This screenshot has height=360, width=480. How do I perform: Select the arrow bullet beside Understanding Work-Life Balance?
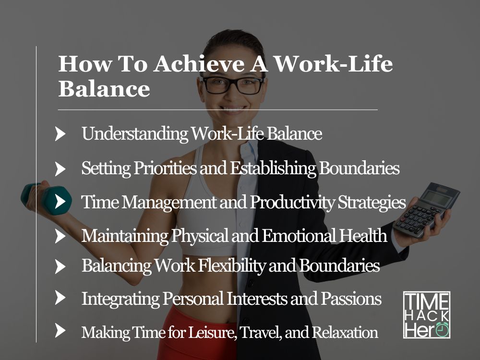point(60,134)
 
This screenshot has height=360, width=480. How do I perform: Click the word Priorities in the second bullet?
point(165,168)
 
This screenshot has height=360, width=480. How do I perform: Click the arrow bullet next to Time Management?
point(60,202)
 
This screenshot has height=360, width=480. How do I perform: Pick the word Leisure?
point(212,333)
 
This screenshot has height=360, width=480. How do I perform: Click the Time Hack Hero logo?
point(427,315)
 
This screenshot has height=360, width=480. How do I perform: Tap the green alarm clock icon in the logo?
point(442,329)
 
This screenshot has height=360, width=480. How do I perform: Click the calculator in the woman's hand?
point(426,209)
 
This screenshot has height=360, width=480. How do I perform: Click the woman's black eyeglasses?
point(233,85)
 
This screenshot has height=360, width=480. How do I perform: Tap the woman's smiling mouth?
point(233,109)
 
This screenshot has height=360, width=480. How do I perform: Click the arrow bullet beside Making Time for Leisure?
point(60,331)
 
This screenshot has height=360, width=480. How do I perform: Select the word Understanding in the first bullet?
point(135,134)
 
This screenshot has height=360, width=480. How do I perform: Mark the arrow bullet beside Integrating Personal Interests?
point(60,298)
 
